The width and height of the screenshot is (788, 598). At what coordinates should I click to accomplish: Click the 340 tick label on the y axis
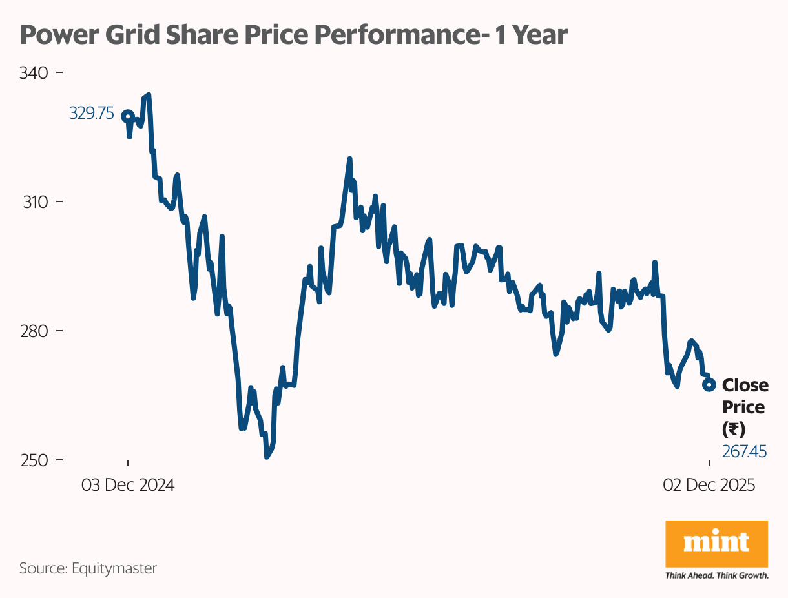(x=34, y=72)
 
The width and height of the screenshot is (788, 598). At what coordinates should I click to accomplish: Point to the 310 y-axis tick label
(x=34, y=201)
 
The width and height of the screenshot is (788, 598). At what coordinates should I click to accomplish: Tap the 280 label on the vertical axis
(x=34, y=331)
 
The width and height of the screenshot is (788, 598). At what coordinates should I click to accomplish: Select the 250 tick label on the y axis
(x=34, y=460)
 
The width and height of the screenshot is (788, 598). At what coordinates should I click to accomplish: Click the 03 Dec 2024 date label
(x=128, y=485)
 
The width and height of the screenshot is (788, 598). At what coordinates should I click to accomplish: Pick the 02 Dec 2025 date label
(x=709, y=485)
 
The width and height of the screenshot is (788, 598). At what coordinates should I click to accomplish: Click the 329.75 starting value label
(x=91, y=114)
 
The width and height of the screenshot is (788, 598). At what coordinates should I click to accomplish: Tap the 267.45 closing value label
(x=744, y=451)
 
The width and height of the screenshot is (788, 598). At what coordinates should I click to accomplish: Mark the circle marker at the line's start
(x=128, y=116)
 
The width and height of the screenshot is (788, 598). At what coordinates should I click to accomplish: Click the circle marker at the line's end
(x=709, y=384)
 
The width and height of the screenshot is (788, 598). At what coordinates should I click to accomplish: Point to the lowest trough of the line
(x=267, y=457)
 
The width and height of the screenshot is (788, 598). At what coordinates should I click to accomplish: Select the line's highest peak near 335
(x=149, y=96)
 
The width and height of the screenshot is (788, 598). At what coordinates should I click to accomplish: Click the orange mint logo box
(x=716, y=544)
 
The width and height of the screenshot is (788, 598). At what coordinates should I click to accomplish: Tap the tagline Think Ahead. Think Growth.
(x=716, y=575)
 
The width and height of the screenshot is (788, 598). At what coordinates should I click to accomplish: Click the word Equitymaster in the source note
(x=114, y=568)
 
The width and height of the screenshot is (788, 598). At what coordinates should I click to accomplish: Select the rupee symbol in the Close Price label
(x=734, y=429)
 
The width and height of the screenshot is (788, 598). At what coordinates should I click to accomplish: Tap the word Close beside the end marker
(x=745, y=386)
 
